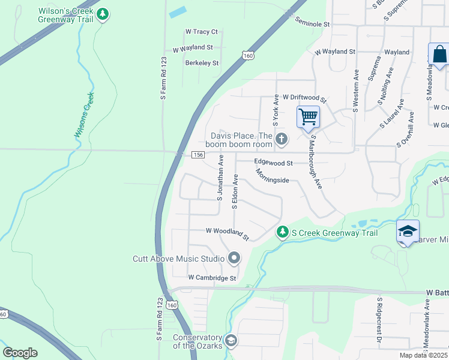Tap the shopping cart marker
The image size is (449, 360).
click(308, 116)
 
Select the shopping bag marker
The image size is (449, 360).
click(439, 55)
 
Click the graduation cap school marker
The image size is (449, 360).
click(407, 231)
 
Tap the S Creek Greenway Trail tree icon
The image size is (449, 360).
click(282, 232)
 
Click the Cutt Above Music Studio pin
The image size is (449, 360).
click(234, 259)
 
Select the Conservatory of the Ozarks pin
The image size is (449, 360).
click(231, 341)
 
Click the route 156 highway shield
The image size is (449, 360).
click(199, 155)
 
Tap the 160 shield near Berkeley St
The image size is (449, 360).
click(247, 56)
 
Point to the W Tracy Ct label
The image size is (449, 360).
click(202, 31)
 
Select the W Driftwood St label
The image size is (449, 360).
click(304, 97)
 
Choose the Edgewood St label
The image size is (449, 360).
click(273, 163)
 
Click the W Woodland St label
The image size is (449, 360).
click(227, 232)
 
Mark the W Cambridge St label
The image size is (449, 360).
click(212, 278)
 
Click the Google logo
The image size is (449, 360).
click(20, 353)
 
